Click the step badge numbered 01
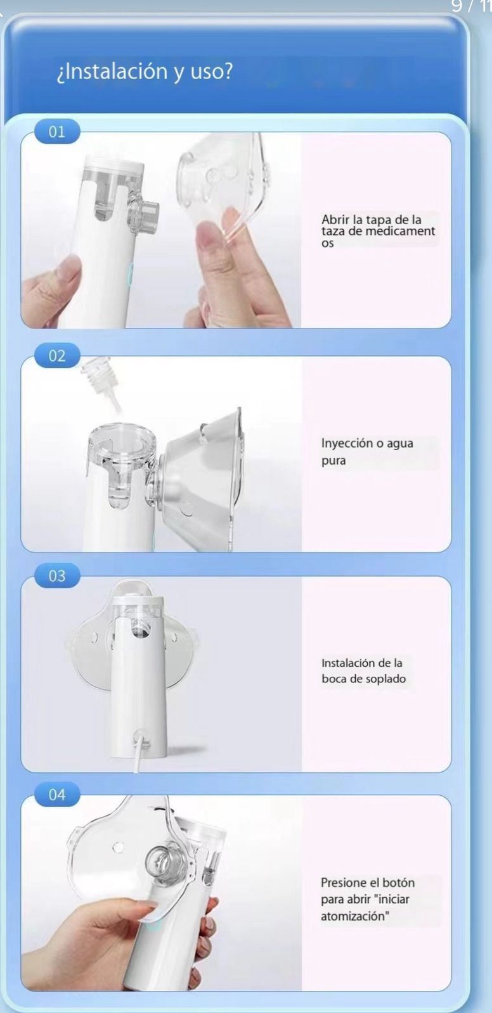coord(57,132)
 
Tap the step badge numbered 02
coord(57,356)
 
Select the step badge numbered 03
coord(57,576)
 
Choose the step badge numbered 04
coord(57,795)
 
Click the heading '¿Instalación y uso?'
coord(145,72)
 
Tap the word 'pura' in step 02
coord(333,460)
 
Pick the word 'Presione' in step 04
coord(343,883)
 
